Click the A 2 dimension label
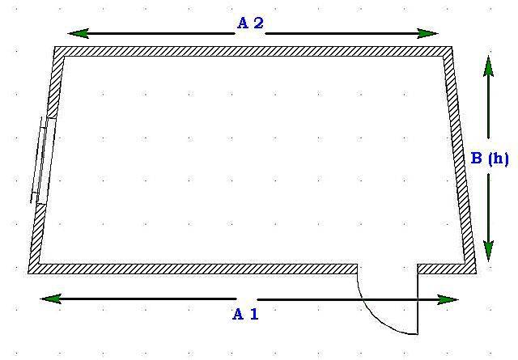[x=250, y=23]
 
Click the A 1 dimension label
[x=245, y=314]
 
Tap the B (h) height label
[x=490, y=159]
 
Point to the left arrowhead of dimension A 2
[x=79, y=33]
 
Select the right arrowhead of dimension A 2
[x=427, y=33]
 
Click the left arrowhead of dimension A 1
[x=51, y=299]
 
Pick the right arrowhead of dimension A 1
[x=448, y=300]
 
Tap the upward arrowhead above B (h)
[x=489, y=66]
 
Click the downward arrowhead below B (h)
[x=489, y=251]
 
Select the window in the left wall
[x=43, y=160]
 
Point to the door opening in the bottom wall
[x=388, y=269]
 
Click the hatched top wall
[x=253, y=52]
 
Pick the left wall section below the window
[x=37, y=234]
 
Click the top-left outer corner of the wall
[x=54, y=47]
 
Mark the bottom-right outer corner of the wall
[x=476, y=273]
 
